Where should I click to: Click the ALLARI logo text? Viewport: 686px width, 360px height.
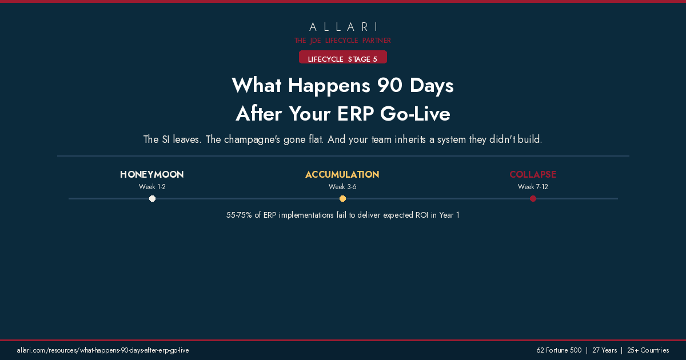(x=343, y=27)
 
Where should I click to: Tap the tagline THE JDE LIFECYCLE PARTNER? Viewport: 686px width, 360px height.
(x=343, y=41)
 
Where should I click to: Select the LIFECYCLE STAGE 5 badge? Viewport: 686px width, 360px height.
(x=343, y=59)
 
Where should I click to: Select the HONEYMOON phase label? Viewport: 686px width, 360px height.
(x=152, y=174)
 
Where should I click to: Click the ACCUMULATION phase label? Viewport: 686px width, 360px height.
(x=342, y=174)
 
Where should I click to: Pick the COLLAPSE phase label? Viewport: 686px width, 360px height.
(x=533, y=174)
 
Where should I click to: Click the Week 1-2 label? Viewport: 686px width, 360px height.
(x=152, y=187)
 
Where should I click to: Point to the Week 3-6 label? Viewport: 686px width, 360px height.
(x=342, y=187)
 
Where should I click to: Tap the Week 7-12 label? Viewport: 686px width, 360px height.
(x=533, y=187)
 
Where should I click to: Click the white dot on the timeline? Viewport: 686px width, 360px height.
(x=152, y=199)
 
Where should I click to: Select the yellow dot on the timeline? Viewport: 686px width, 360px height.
(x=342, y=199)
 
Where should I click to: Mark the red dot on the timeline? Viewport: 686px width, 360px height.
(x=533, y=199)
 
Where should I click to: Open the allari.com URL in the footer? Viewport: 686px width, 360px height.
(x=103, y=350)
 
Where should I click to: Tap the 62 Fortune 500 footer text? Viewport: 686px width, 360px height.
(x=559, y=350)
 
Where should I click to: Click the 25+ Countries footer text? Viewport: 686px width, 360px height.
(x=648, y=350)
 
